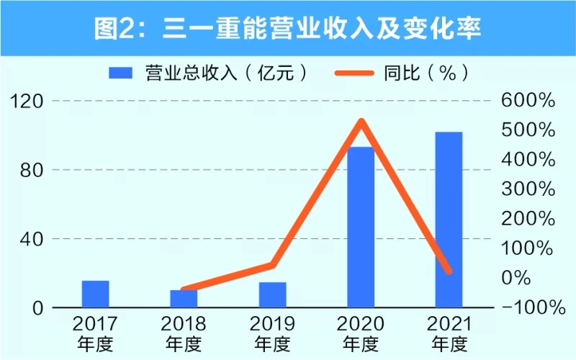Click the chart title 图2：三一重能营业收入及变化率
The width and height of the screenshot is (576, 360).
coord(288,28)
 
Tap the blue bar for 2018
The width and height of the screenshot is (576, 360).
coord(184,298)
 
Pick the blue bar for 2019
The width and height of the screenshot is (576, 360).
coord(272,294)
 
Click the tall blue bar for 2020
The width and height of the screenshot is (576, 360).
coord(361,227)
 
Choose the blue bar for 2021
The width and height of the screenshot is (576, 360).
coord(449,220)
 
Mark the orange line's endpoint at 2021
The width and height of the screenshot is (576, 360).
coord(449,271)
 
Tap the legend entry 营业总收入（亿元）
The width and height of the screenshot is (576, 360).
coord(210,73)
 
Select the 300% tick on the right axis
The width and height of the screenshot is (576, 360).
coord(529,189)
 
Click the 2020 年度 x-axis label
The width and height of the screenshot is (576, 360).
coord(361,333)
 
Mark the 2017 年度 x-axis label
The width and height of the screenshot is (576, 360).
coord(95,333)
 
